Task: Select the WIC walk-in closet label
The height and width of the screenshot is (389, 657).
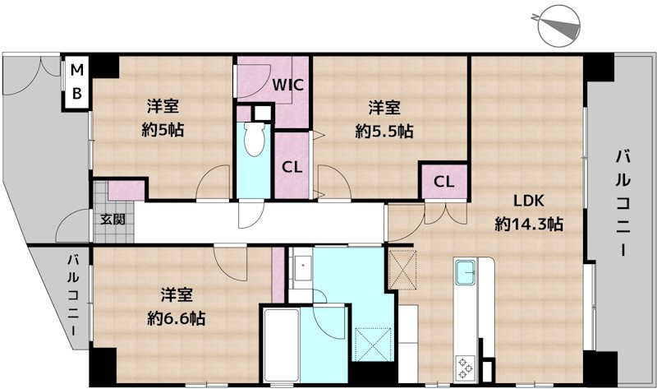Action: (288, 86)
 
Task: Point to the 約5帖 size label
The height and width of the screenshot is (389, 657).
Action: (163, 130)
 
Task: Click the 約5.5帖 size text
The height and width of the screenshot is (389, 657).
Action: (384, 132)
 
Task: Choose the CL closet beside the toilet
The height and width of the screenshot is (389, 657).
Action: (292, 168)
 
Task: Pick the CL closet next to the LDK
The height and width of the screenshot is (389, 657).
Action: (443, 182)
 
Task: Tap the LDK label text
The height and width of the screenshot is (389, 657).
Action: (529, 201)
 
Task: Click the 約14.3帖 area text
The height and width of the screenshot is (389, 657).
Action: (529, 224)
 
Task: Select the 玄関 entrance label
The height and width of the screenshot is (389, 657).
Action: (113, 219)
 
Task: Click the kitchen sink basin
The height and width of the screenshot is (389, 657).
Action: (466, 272)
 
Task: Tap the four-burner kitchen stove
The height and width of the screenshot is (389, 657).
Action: (465, 368)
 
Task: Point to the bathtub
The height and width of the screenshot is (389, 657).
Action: (281, 345)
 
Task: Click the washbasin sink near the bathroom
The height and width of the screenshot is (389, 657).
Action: (301, 268)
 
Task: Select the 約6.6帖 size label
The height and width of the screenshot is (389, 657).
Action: (176, 319)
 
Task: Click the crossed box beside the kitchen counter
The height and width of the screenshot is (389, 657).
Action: (402, 270)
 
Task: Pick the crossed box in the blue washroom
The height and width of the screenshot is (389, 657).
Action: (373, 345)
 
